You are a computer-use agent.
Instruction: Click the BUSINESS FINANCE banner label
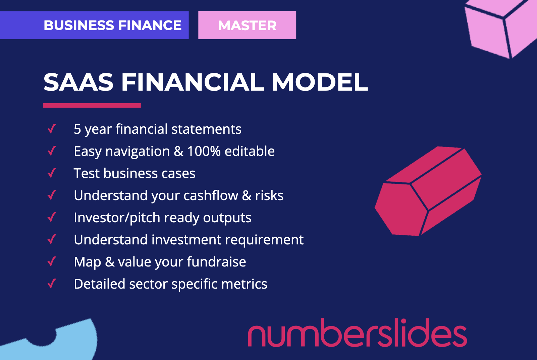coord(112,25)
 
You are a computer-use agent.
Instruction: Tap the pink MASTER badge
coord(247,25)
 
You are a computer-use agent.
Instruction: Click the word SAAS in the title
coord(78,82)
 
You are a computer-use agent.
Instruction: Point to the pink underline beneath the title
coord(92,105)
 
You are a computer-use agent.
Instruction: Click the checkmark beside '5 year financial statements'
coord(52,129)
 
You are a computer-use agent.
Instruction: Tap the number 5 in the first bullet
coord(77,129)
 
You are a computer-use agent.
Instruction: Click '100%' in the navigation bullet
coord(204,152)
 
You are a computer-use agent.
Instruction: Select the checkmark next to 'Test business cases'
coord(52,173)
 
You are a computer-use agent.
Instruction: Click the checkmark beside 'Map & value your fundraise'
coord(52,261)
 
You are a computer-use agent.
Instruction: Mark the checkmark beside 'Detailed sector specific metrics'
coord(52,284)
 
